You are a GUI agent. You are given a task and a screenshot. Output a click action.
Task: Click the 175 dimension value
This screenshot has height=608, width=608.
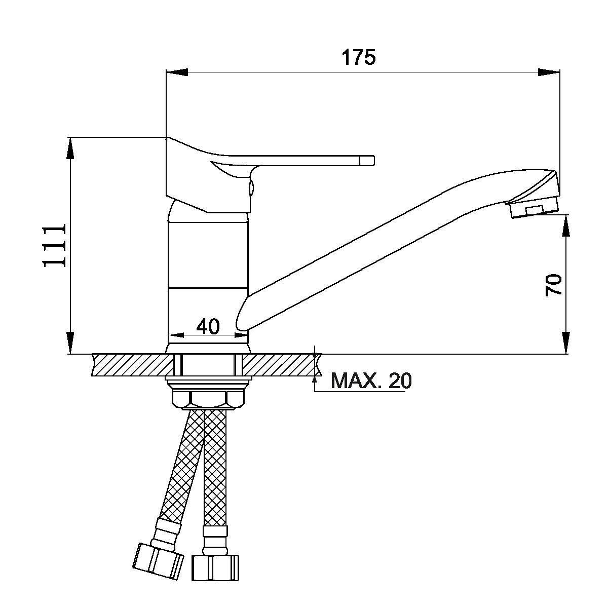pyautogui.click(x=359, y=57)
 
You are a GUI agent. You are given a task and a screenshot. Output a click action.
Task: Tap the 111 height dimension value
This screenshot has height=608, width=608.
pyautogui.click(x=55, y=245)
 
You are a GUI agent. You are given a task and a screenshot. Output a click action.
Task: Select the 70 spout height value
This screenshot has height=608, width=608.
pyautogui.click(x=554, y=285)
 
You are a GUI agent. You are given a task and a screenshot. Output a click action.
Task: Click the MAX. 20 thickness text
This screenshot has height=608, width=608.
pyautogui.click(x=371, y=381)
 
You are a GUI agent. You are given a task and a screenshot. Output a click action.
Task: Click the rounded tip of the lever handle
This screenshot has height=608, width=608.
pyautogui.click(x=372, y=160)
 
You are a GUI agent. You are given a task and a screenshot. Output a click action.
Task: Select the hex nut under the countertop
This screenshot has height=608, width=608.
pyautogui.click(x=208, y=400)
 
